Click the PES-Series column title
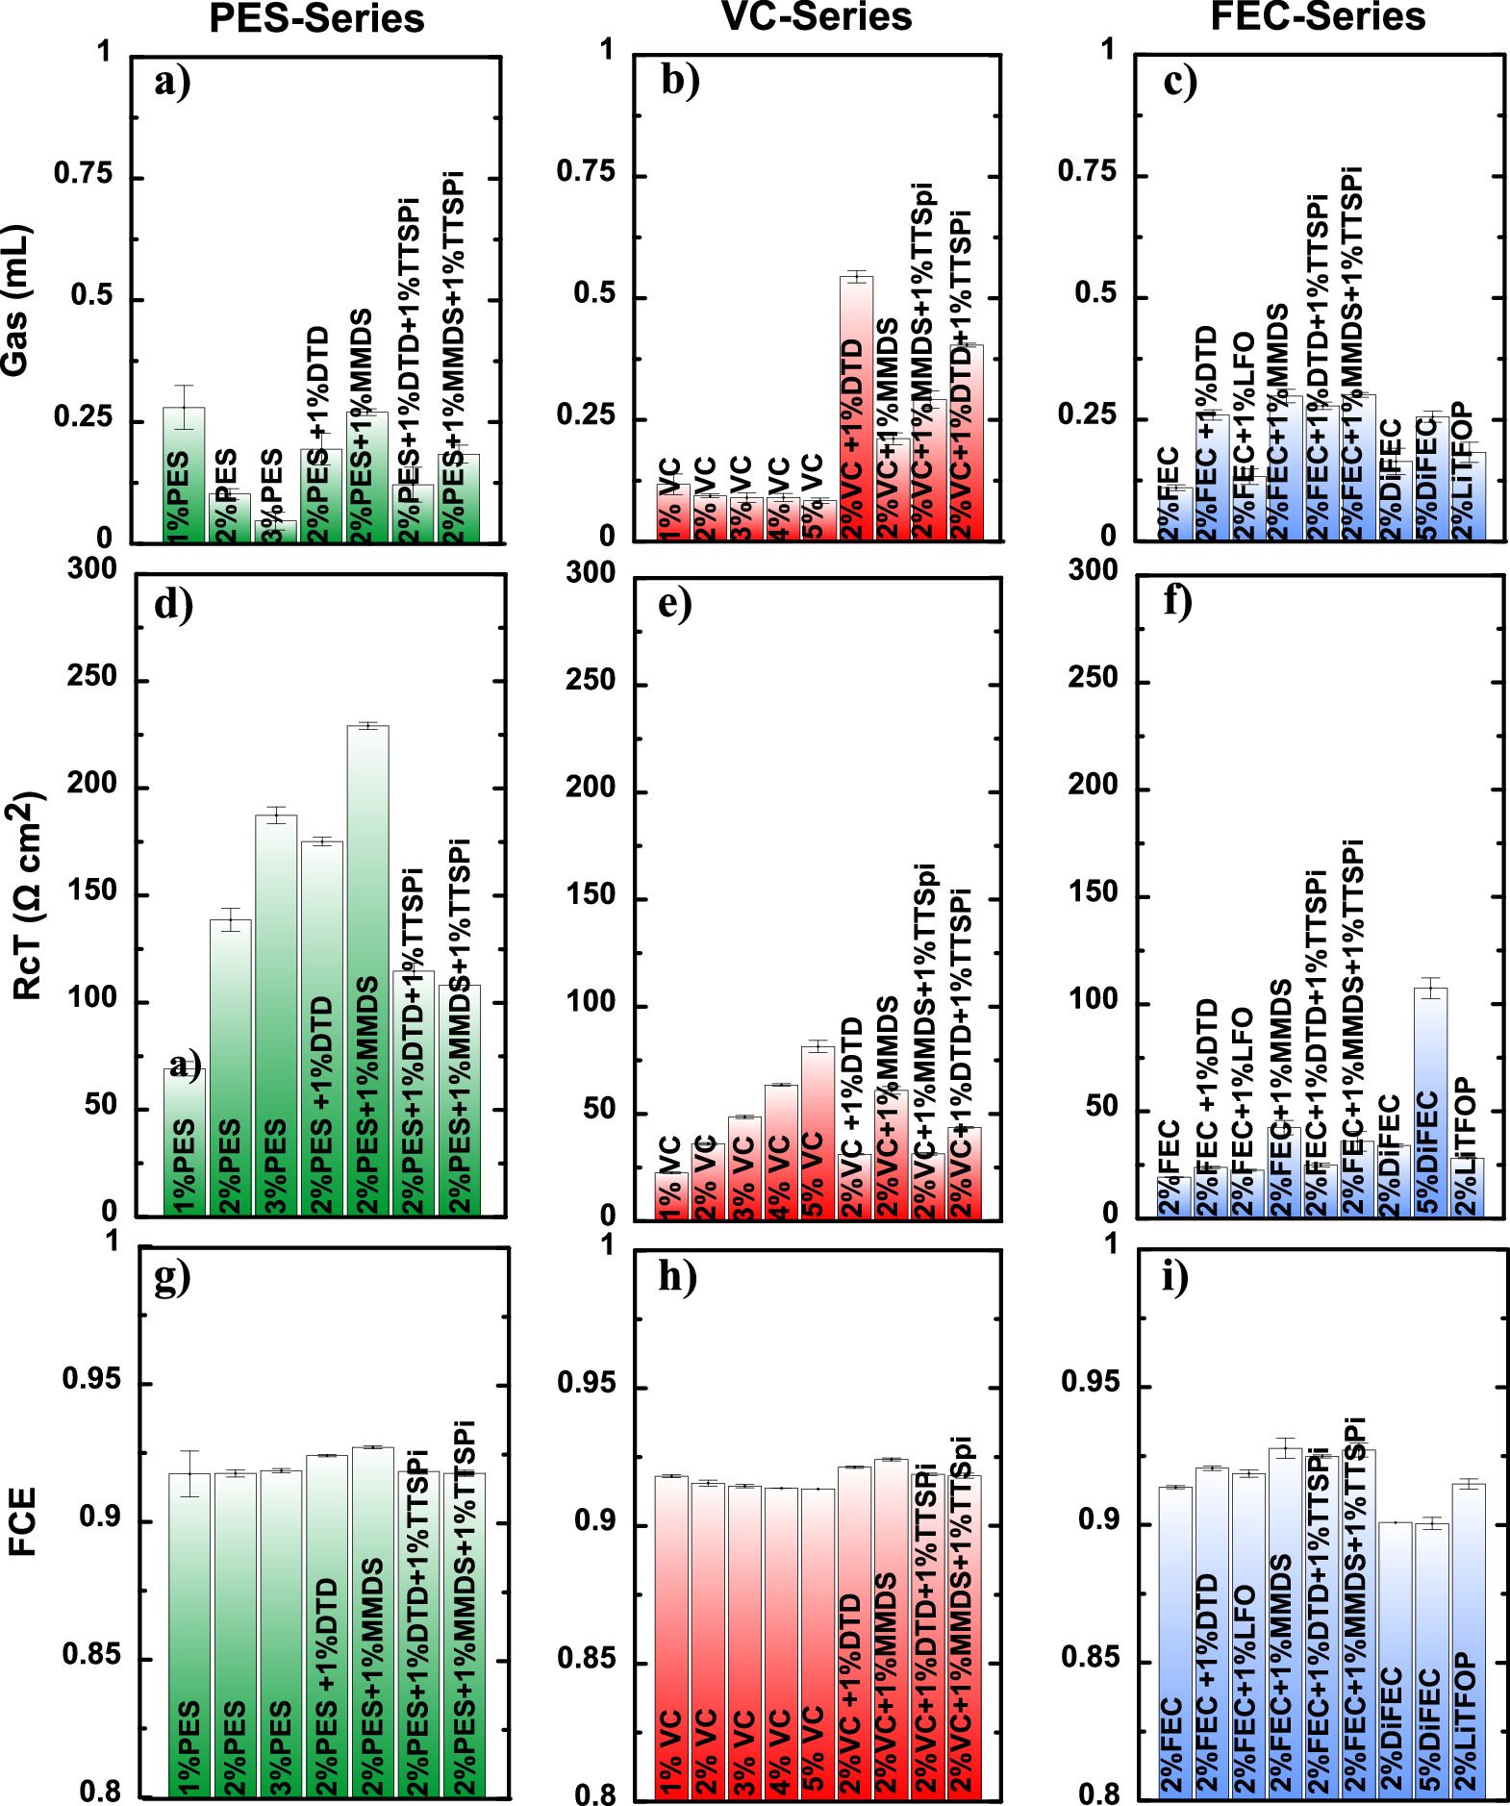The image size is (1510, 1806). coord(316,19)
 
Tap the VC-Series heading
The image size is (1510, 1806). coord(817,17)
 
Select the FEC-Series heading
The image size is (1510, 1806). coord(1318,16)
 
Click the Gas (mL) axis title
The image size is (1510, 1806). coord(16,301)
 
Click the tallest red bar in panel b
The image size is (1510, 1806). coord(856,404)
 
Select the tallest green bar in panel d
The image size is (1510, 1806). coord(368,962)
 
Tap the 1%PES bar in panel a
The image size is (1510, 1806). coord(183,471)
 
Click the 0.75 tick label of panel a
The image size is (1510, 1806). coord(83,174)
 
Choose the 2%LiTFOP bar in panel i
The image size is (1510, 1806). coord(1468,1635)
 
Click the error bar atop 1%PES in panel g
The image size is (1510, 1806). coord(189,1473)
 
